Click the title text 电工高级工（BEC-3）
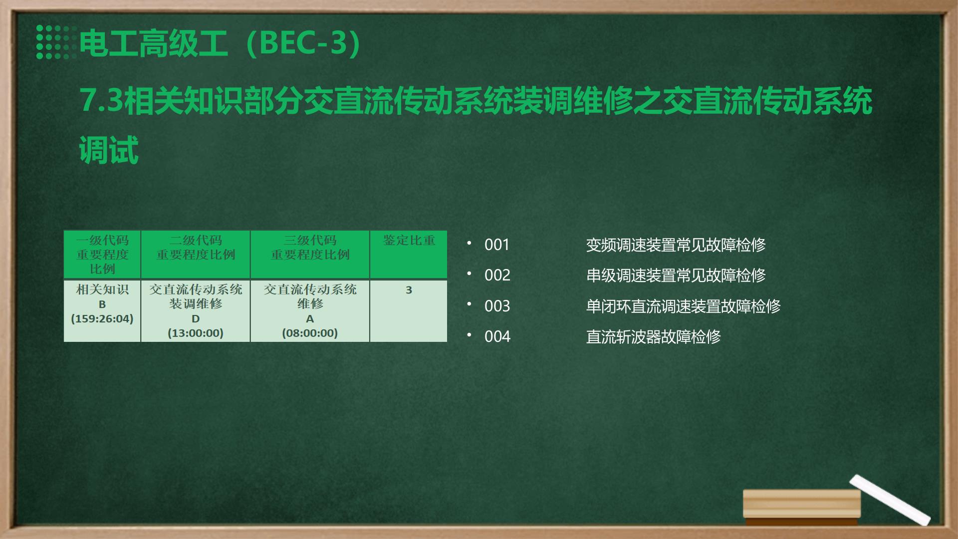(220, 43)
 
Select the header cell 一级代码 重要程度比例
(102, 255)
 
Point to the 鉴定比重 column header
(409, 241)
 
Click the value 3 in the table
(409, 290)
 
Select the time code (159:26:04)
(102, 318)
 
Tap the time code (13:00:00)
(196, 333)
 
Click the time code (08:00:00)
(310, 333)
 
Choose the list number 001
(497, 245)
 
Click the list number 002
(497, 275)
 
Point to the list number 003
(497, 306)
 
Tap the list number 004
(497, 336)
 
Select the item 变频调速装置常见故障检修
(676, 245)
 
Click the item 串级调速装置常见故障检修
(676, 275)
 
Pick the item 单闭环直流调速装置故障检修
(683, 306)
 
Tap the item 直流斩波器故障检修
(653, 336)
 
